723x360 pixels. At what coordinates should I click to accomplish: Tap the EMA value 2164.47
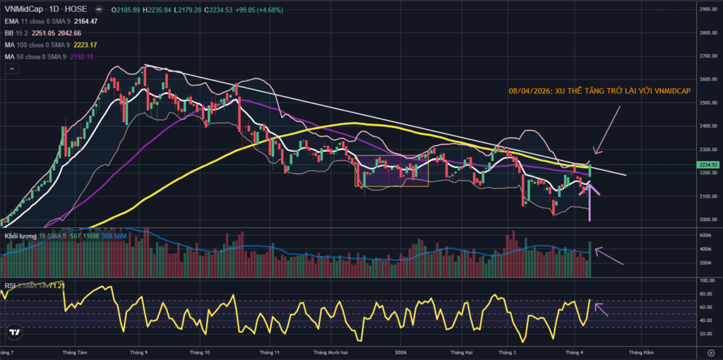coord(83,21)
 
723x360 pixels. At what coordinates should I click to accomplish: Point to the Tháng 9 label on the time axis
coord(140,351)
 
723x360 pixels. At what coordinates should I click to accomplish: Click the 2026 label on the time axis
coord(401,351)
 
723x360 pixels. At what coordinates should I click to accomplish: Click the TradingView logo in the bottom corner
coord(13,332)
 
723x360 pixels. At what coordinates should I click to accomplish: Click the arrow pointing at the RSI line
coord(602,307)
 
